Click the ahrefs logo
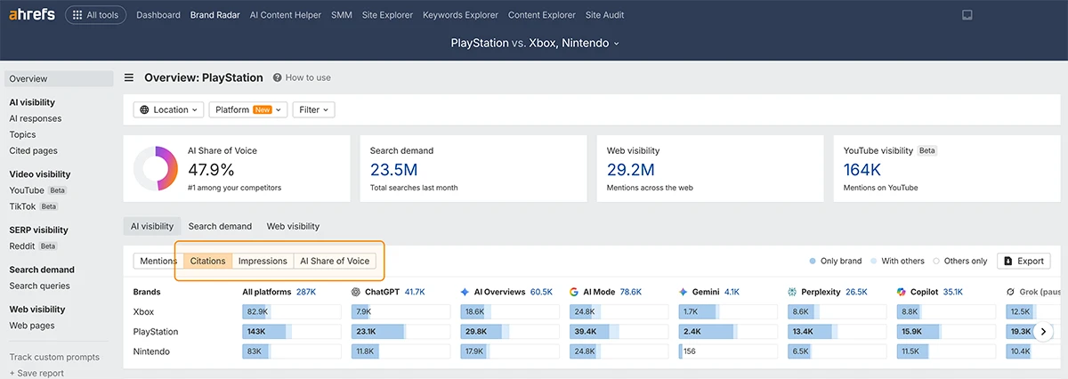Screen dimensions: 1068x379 (x=32, y=15)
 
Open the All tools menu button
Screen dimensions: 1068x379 (x=95, y=15)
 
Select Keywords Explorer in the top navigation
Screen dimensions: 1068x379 (x=460, y=15)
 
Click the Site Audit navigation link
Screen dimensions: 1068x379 (x=604, y=15)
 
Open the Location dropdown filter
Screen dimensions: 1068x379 (x=168, y=109)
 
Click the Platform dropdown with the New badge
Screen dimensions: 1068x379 (x=248, y=109)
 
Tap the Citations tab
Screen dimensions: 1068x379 (x=207, y=261)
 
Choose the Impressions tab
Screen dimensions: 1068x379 (x=263, y=261)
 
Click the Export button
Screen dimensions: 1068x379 (x=1023, y=261)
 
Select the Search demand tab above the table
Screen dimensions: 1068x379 (x=220, y=226)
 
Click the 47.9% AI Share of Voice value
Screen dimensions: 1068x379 (x=211, y=170)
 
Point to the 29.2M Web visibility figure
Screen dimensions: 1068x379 (x=630, y=170)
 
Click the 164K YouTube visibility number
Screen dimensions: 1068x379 (x=862, y=170)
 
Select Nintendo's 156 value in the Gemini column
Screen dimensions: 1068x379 (x=690, y=351)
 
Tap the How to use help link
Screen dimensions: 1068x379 (x=302, y=77)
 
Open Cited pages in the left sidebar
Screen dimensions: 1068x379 (x=34, y=150)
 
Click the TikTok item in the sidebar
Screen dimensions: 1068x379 (x=22, y=206)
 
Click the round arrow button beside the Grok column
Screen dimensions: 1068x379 (x=1043, y=331)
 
